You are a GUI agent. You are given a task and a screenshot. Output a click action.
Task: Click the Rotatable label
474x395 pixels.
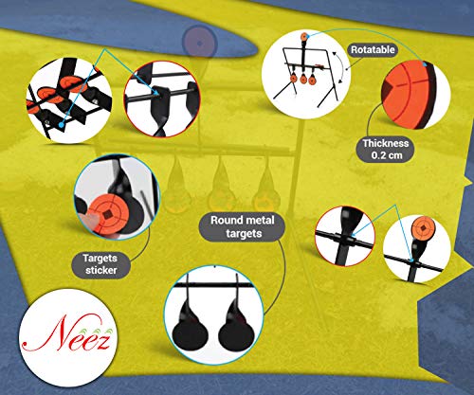tap(373, 50)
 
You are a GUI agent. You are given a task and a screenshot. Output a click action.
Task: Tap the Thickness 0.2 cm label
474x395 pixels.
tap(386, 150)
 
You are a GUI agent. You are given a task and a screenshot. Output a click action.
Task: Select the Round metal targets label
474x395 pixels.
tap(243, 227)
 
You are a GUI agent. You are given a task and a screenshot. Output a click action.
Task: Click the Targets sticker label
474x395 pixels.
tap(100, 264)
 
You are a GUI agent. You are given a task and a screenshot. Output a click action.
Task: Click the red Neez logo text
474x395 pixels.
tap(67, 334)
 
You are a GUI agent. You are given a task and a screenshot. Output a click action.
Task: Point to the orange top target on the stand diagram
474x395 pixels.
tap(304, 37)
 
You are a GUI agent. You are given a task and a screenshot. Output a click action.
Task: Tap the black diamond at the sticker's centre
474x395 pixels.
tap(108, 215)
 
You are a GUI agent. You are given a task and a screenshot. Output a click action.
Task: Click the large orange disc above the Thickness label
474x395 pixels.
tap(408, 95)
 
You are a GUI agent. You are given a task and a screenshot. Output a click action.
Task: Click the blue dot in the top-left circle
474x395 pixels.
tap(61, 125)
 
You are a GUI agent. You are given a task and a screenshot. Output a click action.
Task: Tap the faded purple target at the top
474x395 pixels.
tap(199, 43)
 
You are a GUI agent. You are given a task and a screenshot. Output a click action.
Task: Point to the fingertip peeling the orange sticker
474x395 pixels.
tap(90, 220)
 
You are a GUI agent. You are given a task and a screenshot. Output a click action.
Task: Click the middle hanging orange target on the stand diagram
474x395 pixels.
tap(303, 79)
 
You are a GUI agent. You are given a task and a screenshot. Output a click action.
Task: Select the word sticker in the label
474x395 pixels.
tap(101, 270)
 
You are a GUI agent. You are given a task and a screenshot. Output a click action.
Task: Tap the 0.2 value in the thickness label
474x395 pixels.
tap(378, 155)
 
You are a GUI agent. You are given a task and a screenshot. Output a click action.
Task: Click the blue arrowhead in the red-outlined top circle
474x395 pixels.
tap(157, 92)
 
